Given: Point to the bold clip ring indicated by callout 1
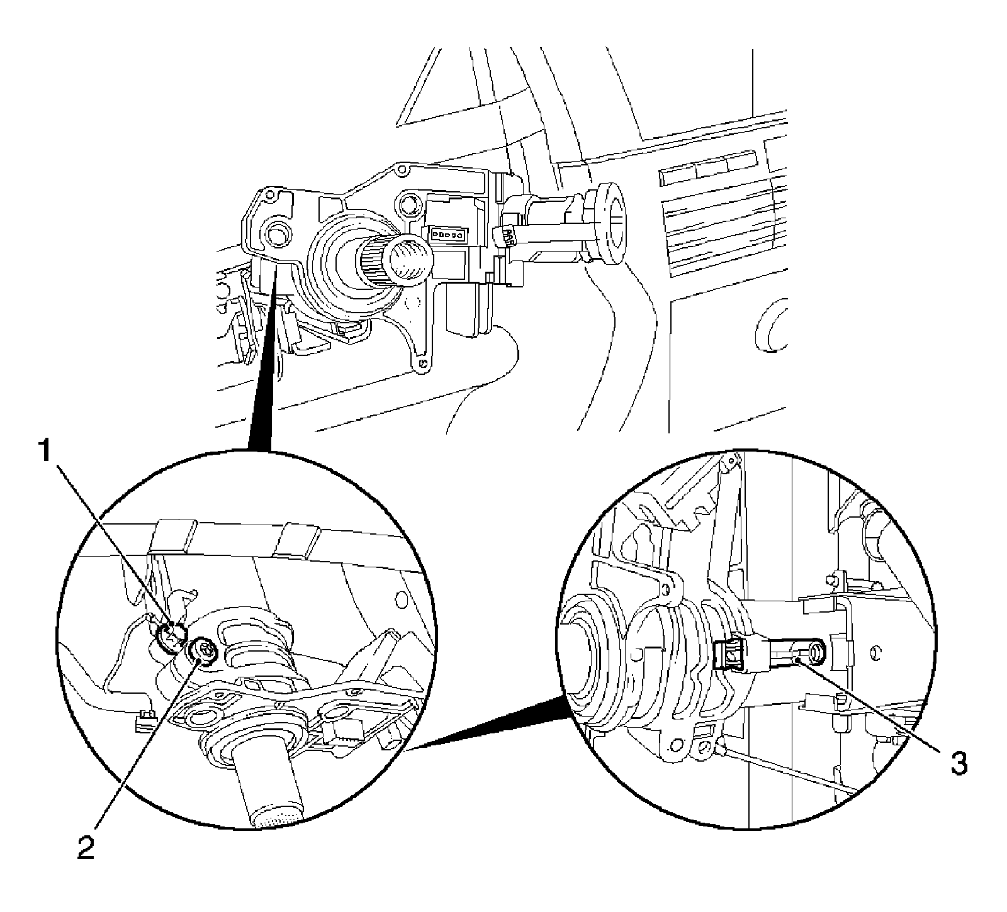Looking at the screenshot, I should point(171,637).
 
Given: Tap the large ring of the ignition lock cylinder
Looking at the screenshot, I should point(609,225).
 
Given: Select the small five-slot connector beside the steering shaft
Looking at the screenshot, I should point(448,234).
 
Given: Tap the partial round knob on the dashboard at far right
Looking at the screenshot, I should point(772,326).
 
